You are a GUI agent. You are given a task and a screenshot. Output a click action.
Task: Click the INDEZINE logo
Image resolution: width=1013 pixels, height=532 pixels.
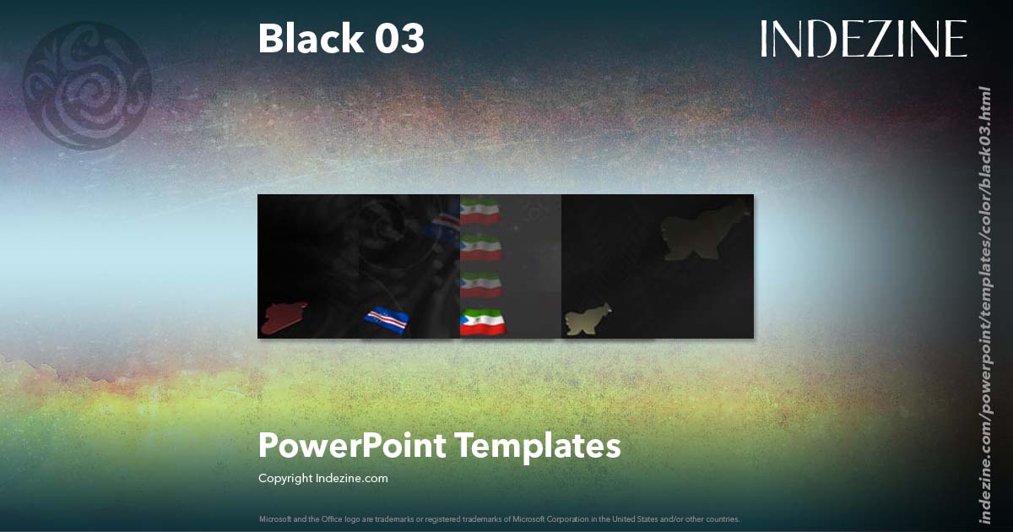(x=863, y=39)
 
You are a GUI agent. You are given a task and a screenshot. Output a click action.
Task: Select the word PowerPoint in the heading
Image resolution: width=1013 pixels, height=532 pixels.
(x=351, y=446)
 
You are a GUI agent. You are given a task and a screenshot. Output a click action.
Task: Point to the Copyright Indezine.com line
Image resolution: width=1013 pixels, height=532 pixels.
(x=323, y=478)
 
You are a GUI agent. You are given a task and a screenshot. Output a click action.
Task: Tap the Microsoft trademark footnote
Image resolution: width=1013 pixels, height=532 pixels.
(x=499, y=518)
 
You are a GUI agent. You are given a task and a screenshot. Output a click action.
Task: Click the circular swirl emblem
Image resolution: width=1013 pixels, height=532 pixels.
(x=86, y=85)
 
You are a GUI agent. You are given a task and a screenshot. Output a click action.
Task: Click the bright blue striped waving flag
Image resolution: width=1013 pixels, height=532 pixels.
(x=387, y=318)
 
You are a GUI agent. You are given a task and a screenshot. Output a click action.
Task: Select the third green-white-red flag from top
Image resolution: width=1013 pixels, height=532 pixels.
(x=481, y=285)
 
